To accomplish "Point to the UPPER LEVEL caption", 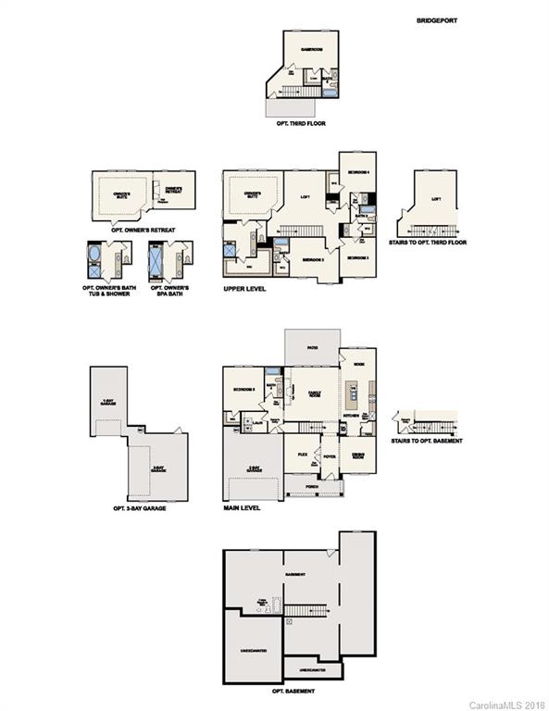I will click(x=245, y=289).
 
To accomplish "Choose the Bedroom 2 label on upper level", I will click(x=314, y=260).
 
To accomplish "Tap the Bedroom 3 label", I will click(x=358, y=257).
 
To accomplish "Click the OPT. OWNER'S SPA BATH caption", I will click(x=171, y=290).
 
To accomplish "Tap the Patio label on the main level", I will click(x=311, y=346).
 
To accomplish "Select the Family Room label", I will click(x=314, y=394).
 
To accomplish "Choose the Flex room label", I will click(x=303, y=455).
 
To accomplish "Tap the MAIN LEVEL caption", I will click(x=242, y=507).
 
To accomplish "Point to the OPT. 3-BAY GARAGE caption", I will click(x=139, y=508).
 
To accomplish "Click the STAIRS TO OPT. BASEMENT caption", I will click(x=427, y=440).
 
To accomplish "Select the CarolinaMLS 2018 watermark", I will click(x=507, y=705).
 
